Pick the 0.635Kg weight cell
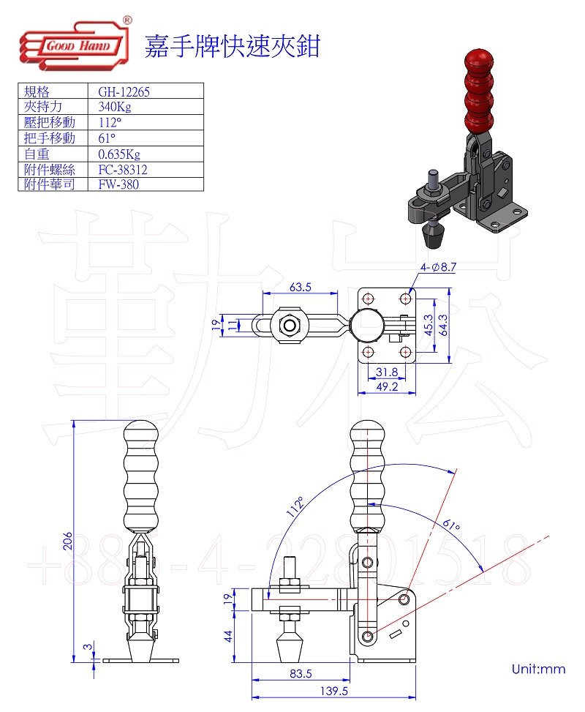(x=118, y=154)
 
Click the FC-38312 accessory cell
(x=123, y=169)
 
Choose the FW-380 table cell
(x=118, y=184)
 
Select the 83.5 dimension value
(x=301, y=672)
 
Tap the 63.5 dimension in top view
(x=300, y=287)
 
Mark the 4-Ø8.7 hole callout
(x=438, y=269)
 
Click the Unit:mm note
(x=538, y=669)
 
